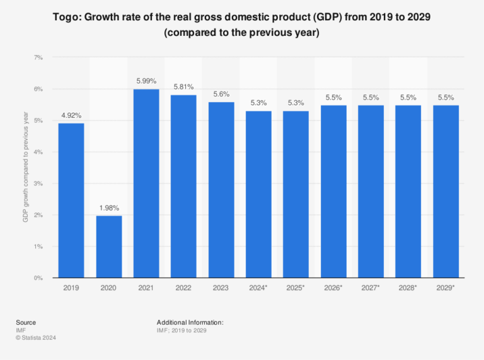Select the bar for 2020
[x=109, y=247]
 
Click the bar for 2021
[x=146, y=183]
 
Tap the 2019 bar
[x=71, y=200]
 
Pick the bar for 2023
[x=221, y=190]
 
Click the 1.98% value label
[x=109, y=207]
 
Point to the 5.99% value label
[x=146, y=81]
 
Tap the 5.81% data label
[x=183, y=86]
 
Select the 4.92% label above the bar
[x=71, y=115]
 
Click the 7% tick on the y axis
[x=38, y=57]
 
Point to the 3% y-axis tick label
[x=38, y=183]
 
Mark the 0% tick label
[x=38, y=277]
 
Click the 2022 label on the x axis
[x=183, y=288]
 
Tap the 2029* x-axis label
[x=446, y=288]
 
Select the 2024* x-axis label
[x=258, y=288]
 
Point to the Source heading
[x=26, y=322]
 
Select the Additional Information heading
[x=190, y=322]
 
